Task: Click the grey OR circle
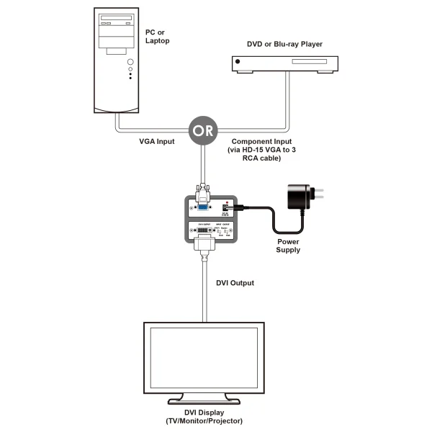[202, 130]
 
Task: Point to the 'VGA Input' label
[158, 142]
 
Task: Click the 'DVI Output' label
[235, 282]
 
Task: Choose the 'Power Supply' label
[288, 246]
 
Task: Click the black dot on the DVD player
[237, 64]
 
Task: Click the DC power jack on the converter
[228, 210]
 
